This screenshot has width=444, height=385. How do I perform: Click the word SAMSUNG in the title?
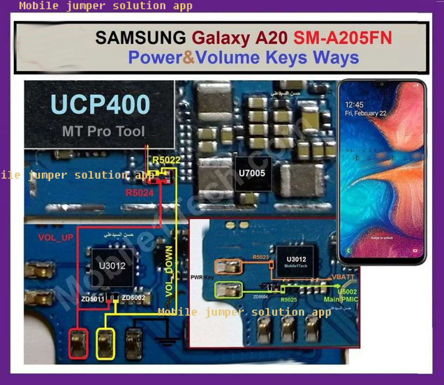click(x=140, y=38)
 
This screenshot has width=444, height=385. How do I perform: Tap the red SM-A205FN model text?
click(x=343, y=38)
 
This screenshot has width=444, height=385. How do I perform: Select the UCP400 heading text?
click(x=100, y=105)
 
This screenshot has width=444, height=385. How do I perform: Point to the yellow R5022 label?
click(x=166, y=160)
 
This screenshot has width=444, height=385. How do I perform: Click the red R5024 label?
click(x=139, y=193)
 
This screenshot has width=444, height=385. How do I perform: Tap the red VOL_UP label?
click(x=55, y=237)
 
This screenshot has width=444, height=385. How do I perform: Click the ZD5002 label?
click(x=134, y=298)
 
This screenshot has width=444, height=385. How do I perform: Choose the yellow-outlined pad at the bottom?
click(x=106, y=343)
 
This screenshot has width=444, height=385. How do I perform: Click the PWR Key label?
click(x=202, y=278)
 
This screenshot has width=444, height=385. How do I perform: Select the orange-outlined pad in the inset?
click(x=228, y=266)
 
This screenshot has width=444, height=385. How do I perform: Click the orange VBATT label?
click(x=344, y=277)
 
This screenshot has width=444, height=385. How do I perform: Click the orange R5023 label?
click(x=261, y=257)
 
